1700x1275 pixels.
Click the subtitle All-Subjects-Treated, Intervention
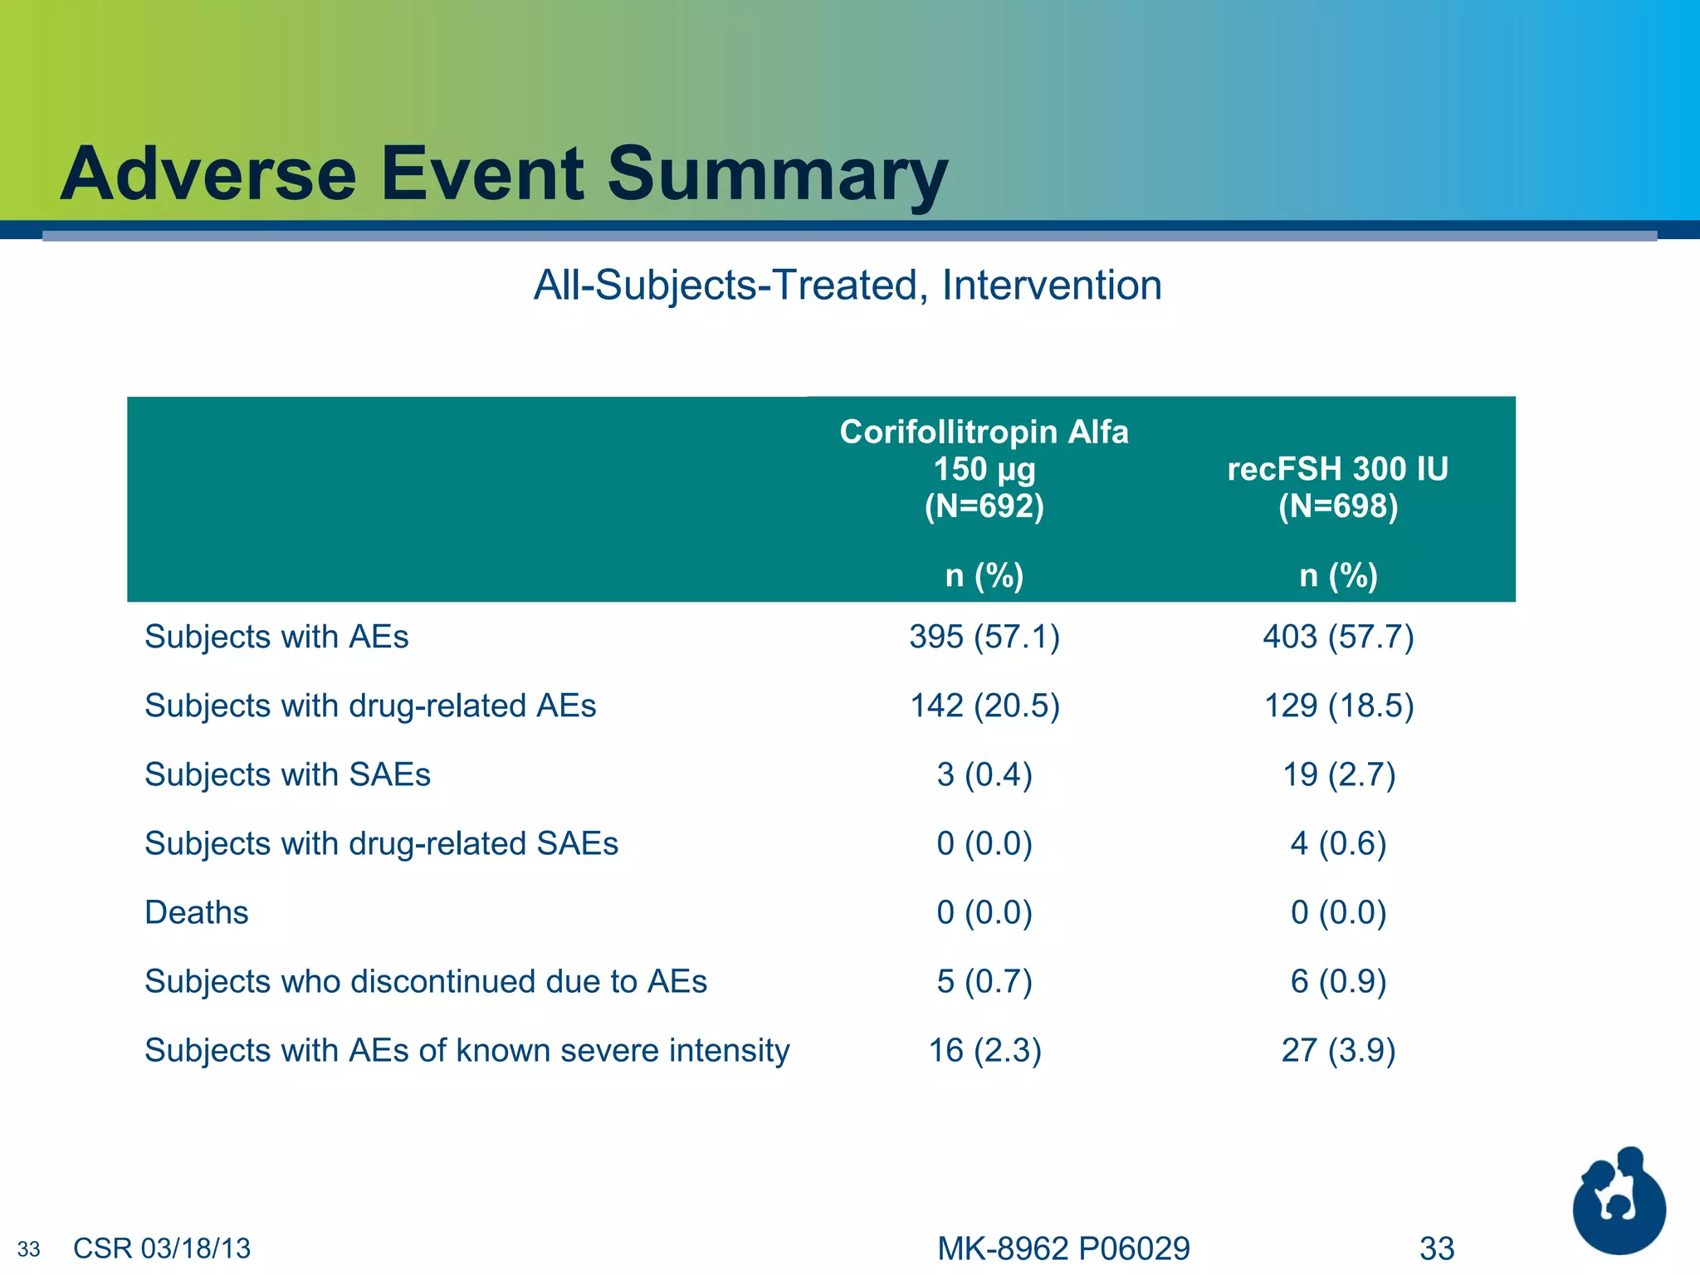(847, 286)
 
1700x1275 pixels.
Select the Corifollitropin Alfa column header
(984, 432)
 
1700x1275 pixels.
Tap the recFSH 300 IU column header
(1337, 469)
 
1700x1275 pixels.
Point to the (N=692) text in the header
(984, 506)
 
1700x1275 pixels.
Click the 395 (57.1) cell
(984, 637)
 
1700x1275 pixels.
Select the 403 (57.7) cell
(1337, 637)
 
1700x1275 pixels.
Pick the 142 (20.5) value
(984, 706)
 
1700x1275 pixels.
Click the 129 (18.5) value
(1337, 706)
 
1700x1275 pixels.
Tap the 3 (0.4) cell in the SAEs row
(984, 774)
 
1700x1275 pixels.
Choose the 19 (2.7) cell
(1337, 774)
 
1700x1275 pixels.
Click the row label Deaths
(197, 912)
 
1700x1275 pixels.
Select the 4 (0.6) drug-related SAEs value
(1337, 843)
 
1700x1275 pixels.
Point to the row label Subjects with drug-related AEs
(370, 706)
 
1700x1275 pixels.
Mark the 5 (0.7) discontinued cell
(984, 981)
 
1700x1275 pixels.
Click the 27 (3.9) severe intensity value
(1337, 1050)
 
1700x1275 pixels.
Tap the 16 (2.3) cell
(984, 1050)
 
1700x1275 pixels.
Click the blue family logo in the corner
(1618, 1203)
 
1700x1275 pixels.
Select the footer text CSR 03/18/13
(162, 1248)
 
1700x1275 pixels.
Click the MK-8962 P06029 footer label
(1063, 1248)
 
